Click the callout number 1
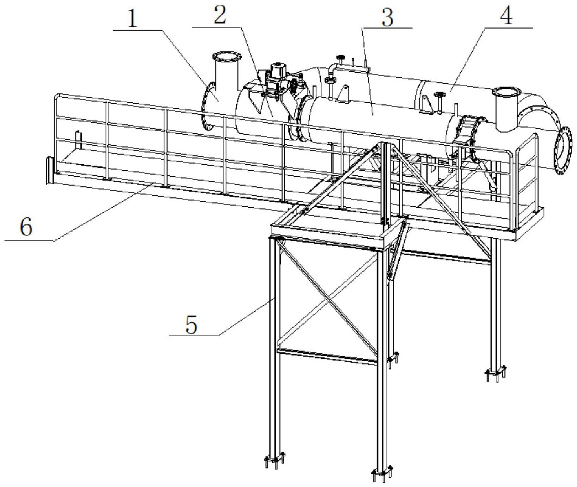[x=133, y=18]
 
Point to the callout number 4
[x=507, y=16]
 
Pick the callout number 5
[x=192, y=325]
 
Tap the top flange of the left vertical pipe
[x=226, y=58]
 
